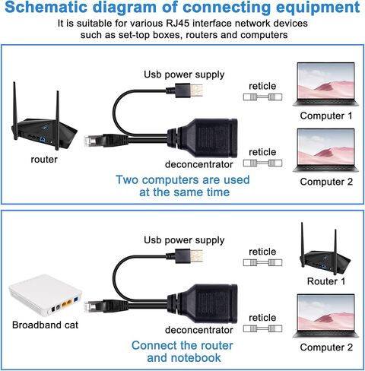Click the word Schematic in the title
46,7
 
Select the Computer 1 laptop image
325,84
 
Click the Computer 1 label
326,116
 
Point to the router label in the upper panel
44,160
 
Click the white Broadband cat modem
46,295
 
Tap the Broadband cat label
45,325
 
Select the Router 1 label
326,281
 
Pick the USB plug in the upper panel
185,90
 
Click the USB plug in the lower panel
185,256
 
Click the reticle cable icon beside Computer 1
262,97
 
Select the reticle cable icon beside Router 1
262,262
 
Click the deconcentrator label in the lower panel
199,330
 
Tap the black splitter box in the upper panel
202,138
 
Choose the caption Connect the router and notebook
183,351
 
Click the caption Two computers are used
182,179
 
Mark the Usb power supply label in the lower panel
184,240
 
